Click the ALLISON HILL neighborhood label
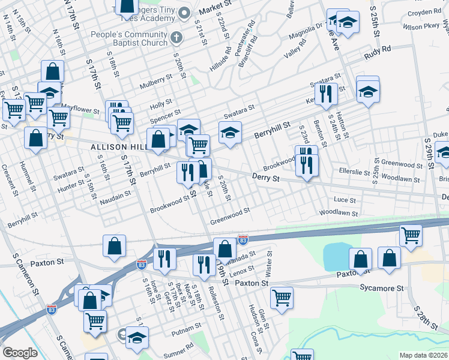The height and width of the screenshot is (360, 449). (x=117, y=147)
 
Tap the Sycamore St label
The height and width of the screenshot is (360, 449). (x=383, y=289)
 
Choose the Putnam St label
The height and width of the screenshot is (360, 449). (x=186, y=331)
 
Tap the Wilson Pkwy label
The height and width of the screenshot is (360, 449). (x=422, y=27)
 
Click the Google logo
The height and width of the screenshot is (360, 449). (x=20, y=353)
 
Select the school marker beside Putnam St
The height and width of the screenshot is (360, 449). (x=137, y=337)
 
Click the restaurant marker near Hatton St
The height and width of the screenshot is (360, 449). (x=326, y=94)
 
